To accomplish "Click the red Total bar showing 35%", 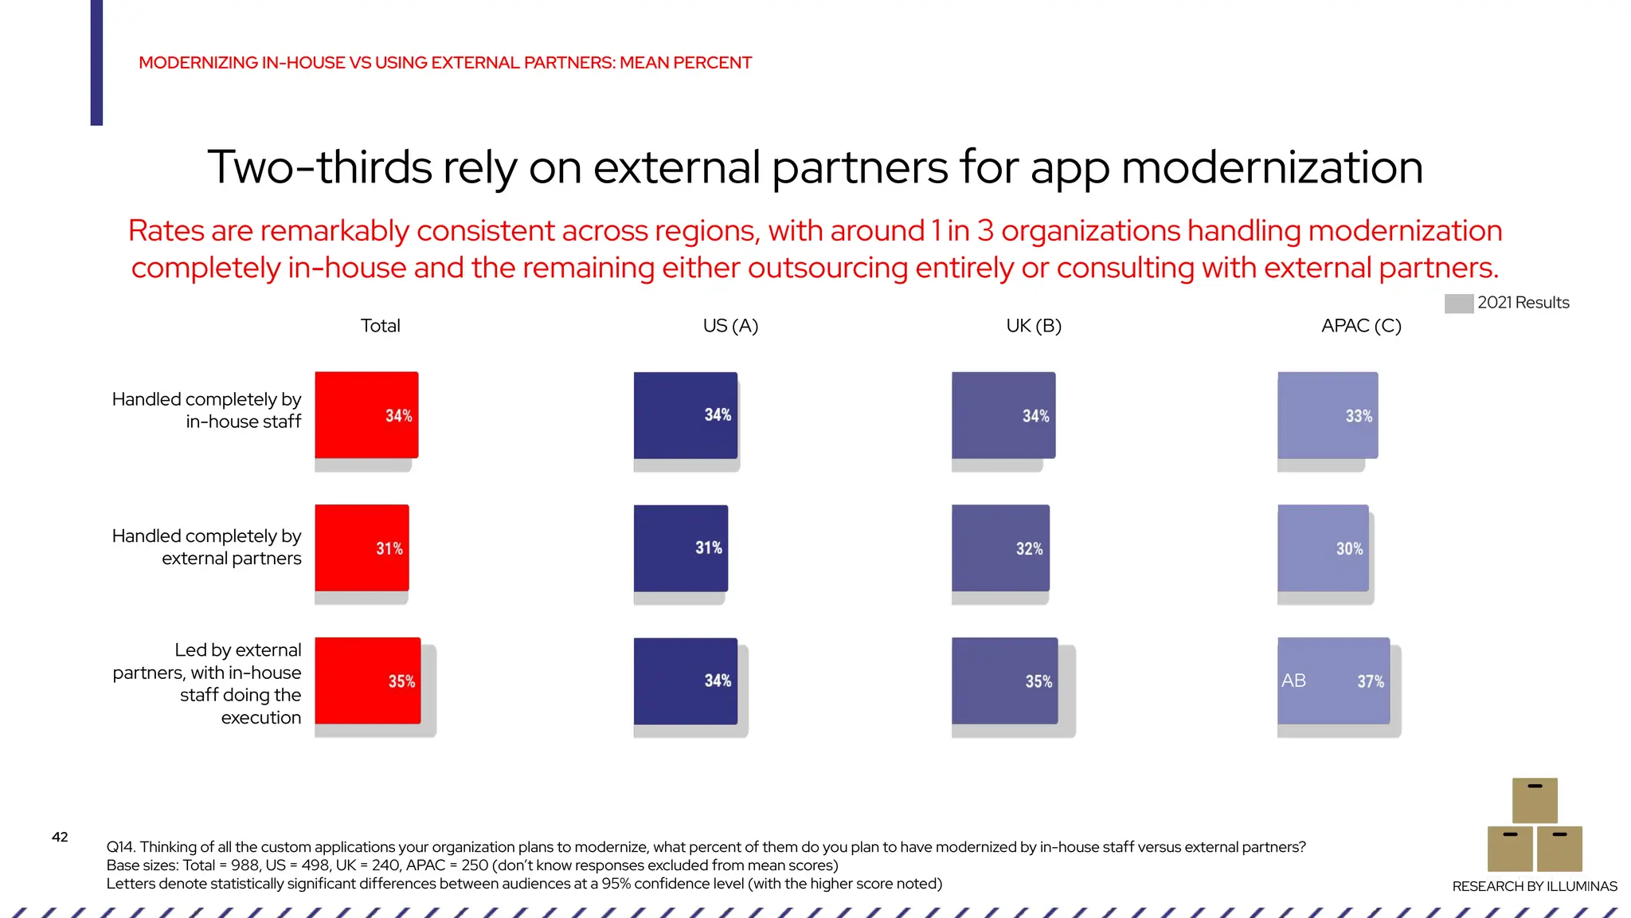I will click(367, 681).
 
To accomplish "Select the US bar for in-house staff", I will click(685, 415).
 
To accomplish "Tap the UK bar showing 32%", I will click(1000, 548).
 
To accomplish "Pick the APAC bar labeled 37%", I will click(1333, 681).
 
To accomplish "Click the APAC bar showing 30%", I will click(1323, 548).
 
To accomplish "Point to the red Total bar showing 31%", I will click(362, 548).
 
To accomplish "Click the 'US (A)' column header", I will click(730, 326).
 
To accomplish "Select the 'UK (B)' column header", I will click(1034, 326).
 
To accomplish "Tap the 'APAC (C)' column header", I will click(1361, 326).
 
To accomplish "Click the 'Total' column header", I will click(380, 326).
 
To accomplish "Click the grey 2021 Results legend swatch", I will click(1458, 304).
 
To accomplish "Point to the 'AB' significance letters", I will click(1293, 681).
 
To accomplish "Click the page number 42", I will click(60, 837).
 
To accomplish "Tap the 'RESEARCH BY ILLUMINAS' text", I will click(1535, 886).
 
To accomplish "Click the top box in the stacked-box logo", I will click(1535, 800).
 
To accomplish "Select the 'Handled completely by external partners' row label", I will click(207, 547).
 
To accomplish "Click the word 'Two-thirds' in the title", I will click(319, 168).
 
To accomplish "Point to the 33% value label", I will click(1359, 416).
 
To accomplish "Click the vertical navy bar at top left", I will click(96, 62).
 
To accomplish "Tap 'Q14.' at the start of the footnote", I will click(121, 847).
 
